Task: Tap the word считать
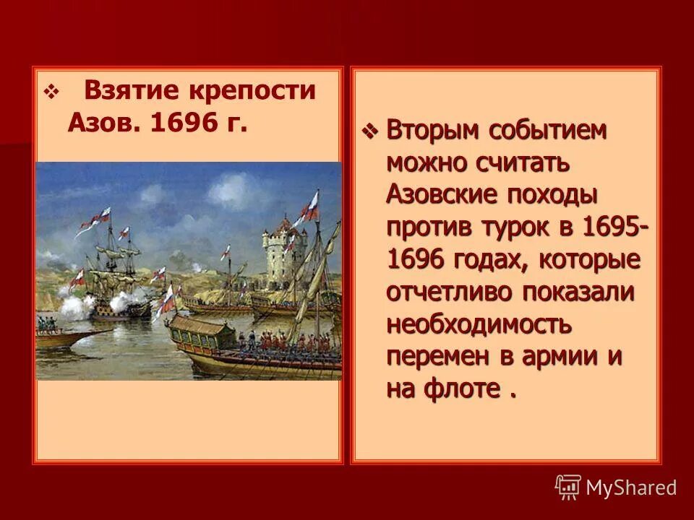click(521, 163)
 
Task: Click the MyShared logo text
click(630, 487)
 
